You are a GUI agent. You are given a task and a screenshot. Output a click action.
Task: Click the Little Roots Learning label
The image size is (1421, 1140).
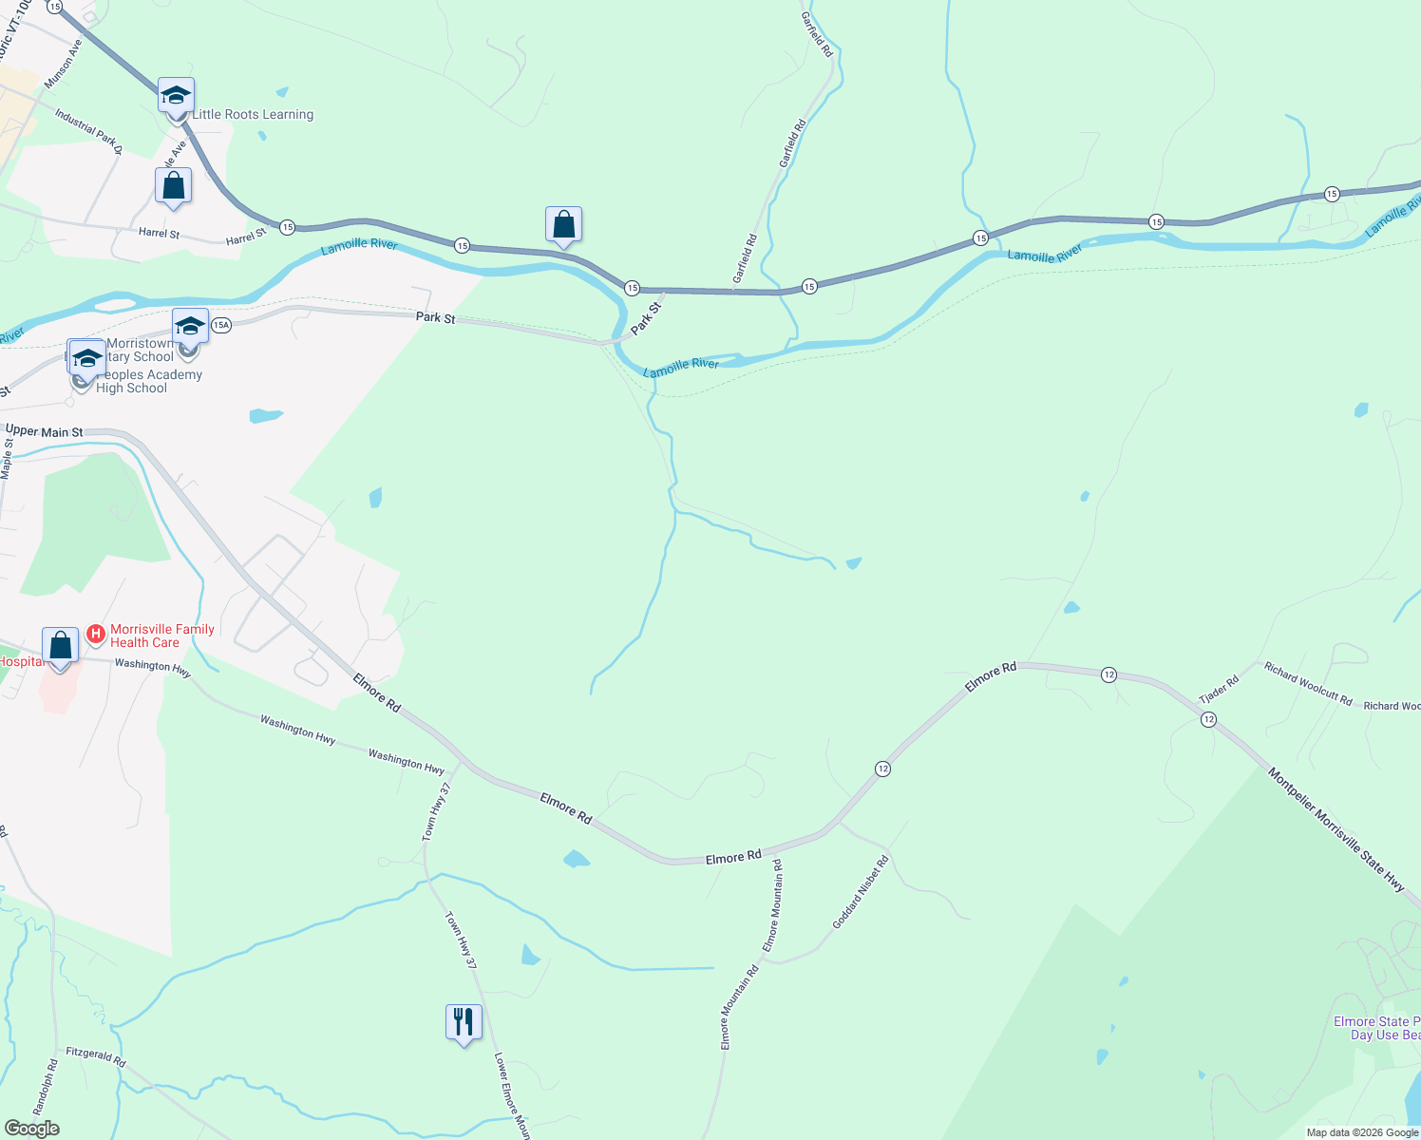click(x=253, y=115)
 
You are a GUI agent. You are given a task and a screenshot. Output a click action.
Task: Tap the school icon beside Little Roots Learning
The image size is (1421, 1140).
click(x=176, y=96)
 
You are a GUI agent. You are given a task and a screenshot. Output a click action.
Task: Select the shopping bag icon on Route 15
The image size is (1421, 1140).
click(x=563, y=225)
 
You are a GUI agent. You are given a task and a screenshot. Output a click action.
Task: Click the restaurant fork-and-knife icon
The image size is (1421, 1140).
click(x=464, y=1023)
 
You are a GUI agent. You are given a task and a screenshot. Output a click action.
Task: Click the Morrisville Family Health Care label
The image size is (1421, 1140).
click(x=162, y=636)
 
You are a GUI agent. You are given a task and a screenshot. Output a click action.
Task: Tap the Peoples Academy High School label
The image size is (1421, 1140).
click(x=142, y=381)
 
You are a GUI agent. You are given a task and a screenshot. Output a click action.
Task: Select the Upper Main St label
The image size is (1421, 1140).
click(x=45, y=431)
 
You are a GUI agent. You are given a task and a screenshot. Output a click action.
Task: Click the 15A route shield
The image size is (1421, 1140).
click(x=221, y=325)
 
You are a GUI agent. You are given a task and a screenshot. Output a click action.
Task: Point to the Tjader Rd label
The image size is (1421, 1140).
click(x=1219, y=690)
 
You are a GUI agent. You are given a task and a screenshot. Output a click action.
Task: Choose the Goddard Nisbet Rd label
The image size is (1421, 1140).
click(x=861, y=892)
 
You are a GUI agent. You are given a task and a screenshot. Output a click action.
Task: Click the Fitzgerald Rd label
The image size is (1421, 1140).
click(x=96, y=1056)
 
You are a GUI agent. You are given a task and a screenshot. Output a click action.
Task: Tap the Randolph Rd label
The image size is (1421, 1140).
click(x=46, y=1087)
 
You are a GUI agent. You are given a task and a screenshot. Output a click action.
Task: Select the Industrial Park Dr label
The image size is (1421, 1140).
click(x=88, y=131)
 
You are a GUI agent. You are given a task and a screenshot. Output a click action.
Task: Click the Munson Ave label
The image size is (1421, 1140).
click(x=64, y=65)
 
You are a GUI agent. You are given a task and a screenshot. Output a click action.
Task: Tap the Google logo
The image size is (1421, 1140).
click(x=32, y=1129)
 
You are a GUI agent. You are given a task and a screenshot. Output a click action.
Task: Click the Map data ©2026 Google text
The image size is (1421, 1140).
click(x=1362, y=1132)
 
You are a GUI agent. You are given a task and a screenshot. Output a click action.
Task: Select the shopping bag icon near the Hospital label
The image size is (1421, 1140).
click(x=61, y=647)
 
